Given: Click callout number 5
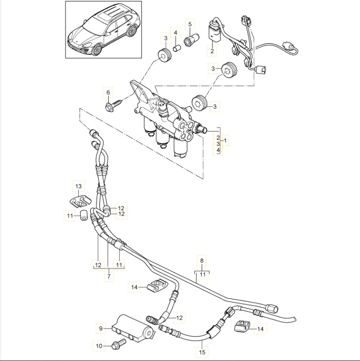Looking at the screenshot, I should (x=190, y=24).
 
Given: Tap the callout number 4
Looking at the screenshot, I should (x=176, y=33).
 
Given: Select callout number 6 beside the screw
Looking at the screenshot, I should (x=108, y=92).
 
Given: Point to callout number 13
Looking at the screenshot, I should (x=78, y=186).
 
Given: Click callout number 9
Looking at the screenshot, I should (x=101, y=328).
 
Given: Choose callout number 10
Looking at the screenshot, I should (x=99, y=346).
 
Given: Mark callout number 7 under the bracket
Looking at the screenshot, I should (x=108, y=276).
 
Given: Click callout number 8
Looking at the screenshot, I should (x=202, y=260).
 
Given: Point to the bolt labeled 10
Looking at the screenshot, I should (x=117, y=344).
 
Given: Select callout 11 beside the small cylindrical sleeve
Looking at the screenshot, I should (x=70, y=215).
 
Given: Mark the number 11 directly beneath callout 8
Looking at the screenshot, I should (x=202, y=274).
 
